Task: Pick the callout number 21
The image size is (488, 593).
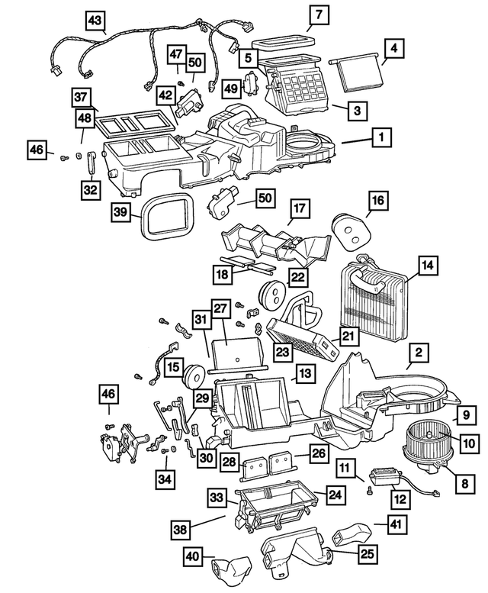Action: [348, 336]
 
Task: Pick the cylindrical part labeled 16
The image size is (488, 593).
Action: [350, 227]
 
